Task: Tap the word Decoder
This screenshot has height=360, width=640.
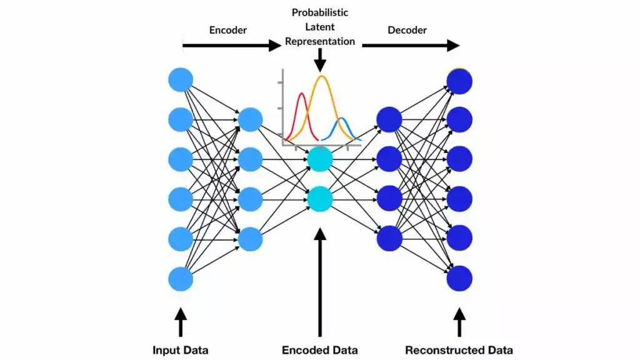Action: [406, 29]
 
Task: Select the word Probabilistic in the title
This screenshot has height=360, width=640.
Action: [320, 12]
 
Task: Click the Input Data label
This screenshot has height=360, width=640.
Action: [181, 350]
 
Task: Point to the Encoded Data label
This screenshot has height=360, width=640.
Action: [320, 350]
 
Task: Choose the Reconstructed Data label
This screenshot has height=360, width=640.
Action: [459, 350]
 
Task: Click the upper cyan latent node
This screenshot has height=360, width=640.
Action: [320, 159]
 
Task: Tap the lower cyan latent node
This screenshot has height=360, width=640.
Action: [320, 199]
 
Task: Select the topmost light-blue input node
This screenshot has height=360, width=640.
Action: [181, 80]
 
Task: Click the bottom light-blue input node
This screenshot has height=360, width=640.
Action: [181, 279]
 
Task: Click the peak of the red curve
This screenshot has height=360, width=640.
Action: [302, 94]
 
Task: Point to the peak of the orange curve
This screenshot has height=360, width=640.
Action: [322, 77]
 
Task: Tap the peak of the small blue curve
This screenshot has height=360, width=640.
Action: [343, 118]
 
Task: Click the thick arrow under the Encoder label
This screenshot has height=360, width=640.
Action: [231, 46]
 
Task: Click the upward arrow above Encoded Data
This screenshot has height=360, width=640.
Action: [320, 281]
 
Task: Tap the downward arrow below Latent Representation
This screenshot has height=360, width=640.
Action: [320, 60]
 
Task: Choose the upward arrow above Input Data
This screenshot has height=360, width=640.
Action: [181, 322]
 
